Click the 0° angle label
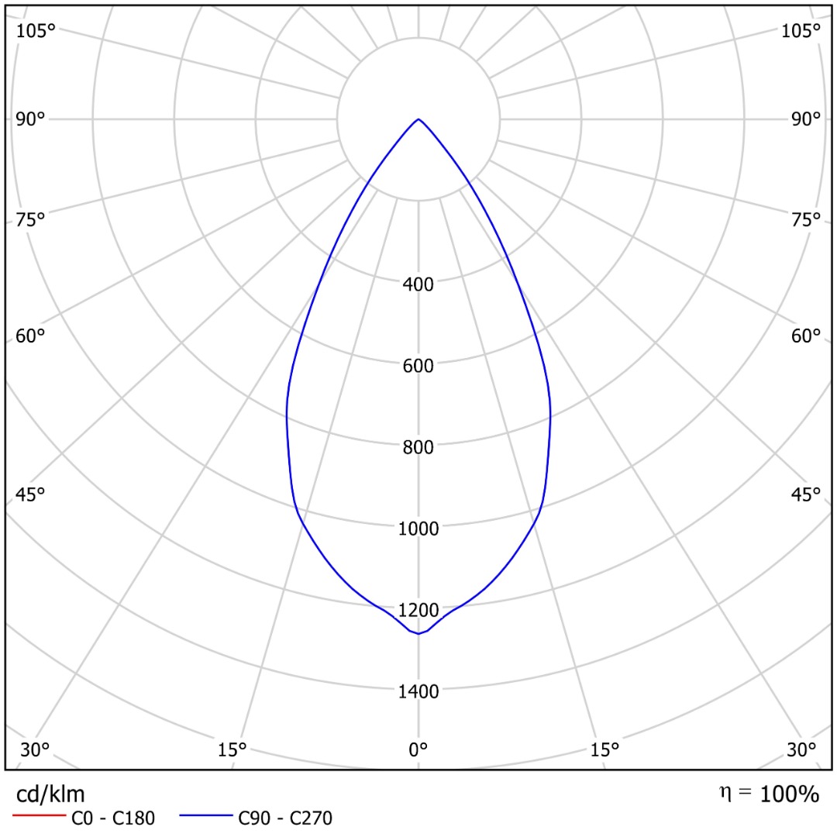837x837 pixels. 418,749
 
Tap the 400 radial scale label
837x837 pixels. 418,284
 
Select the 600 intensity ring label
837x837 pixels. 418,365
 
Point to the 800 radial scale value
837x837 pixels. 418,446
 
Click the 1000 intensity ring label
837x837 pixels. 418,529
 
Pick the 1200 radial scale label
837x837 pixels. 418,611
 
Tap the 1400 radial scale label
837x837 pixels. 418,691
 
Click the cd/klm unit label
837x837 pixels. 50,794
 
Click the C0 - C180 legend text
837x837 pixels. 113,818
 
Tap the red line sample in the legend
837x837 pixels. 38,817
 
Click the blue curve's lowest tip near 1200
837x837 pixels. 418,633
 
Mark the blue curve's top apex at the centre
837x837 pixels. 418,119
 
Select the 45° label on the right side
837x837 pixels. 805,494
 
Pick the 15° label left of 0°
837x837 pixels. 232,749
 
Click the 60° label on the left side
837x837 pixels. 31,336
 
